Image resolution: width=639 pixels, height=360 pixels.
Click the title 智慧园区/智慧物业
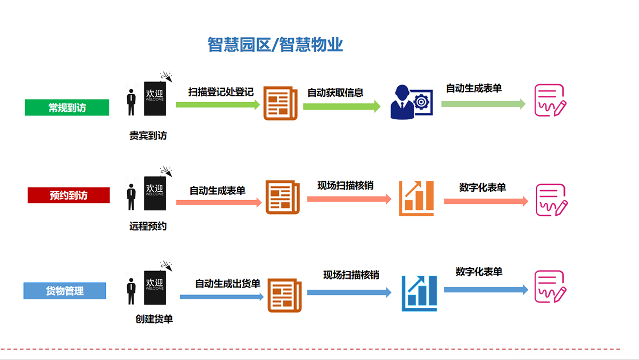point(275,44)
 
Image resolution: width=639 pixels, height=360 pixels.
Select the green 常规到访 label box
point(67,108)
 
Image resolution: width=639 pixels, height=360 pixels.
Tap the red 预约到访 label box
point(69,195)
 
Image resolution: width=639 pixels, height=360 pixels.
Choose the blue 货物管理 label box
point(65,291)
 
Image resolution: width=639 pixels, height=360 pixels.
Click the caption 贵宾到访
point(148,136)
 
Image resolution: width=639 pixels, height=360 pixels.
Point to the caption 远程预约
point(148,226)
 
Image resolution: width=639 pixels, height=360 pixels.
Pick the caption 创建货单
point(154,320)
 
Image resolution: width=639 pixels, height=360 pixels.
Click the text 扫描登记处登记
point(221,92)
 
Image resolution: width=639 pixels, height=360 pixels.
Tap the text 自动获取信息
point(335,93)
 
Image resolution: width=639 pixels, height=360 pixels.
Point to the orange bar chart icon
point(417,198)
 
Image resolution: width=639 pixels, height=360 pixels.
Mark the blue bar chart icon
point(419,293)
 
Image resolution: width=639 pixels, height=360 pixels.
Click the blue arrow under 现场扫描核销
point(349,292)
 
